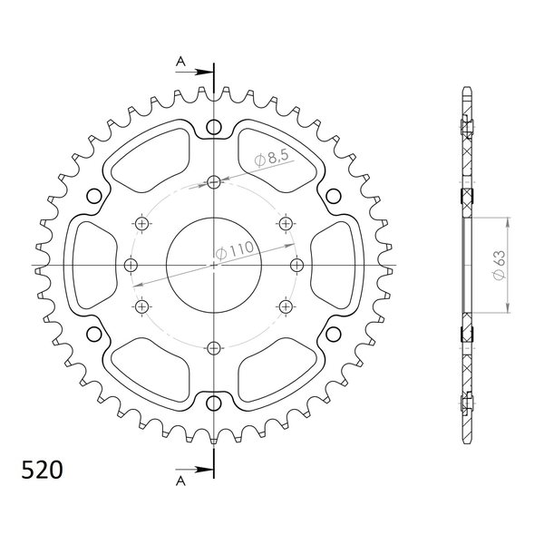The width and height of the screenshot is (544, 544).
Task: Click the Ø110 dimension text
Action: tap(235, 250)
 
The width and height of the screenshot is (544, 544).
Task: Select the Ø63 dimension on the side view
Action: tap(499, 265)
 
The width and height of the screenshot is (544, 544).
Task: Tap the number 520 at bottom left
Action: tap(42, 470)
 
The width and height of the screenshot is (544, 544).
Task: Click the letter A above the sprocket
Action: tap(180, 62)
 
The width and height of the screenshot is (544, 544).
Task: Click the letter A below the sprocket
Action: tap(180, 481)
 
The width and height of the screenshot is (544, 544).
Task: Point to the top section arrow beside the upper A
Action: tap(194, 73)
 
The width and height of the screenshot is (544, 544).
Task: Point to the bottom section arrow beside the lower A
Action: tap(194, 470)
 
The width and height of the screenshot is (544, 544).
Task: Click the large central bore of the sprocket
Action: tap(214, 266)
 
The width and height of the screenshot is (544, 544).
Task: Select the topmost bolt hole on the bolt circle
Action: tap(214, 181)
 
